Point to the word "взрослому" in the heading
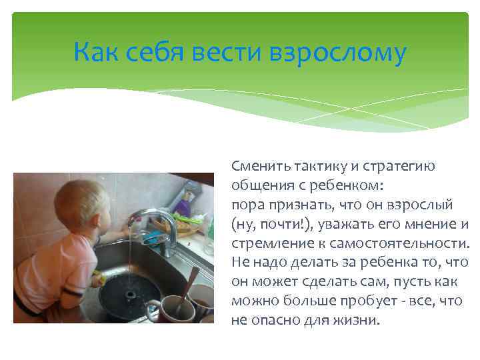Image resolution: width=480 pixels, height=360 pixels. pyautogui.click(x=337, y=54)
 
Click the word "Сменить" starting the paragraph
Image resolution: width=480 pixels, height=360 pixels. pyautogui.click(x=255, y=166)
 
